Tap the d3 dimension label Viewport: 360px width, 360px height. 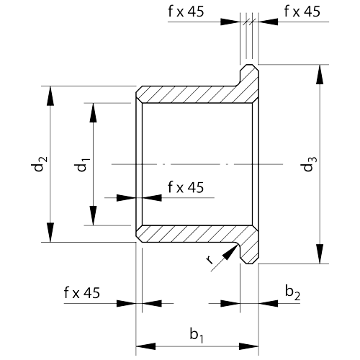click(x=310, y=164)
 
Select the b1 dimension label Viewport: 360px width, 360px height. click(x=197, y=335)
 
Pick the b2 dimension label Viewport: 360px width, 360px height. click(x=292, y=292)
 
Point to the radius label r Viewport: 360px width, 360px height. click(x=210, y=260)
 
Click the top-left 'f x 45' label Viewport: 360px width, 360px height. click(x=186, y=12)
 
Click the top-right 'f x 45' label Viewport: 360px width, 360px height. click(x=302, y=12)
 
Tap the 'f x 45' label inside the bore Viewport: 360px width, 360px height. click(x=186, y=187)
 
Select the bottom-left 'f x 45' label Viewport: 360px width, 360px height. click(x=82, y=293)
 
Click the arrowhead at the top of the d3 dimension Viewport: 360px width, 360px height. click(x=320, y=74)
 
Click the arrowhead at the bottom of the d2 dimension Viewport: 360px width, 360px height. click(x=50, y=233)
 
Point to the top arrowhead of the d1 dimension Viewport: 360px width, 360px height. click(x=94, y=113)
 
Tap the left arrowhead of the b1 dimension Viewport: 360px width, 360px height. click(x=145, y=346)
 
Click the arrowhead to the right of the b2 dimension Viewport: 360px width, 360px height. click(x=269, y=303)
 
